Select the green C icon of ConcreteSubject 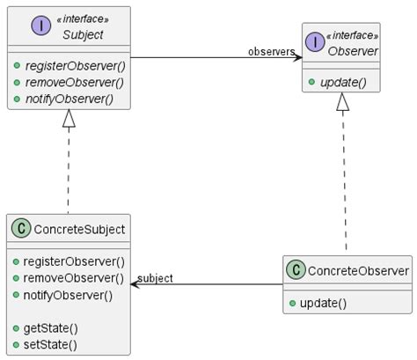[x=21, y=230]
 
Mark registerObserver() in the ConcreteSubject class [x=73, y=262]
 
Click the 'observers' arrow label [x=271, y=52]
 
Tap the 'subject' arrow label [x=156, y=278]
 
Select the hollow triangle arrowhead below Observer [x=342, y=103]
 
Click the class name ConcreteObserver [x=359, y=272]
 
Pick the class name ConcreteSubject [x=78, y=230]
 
